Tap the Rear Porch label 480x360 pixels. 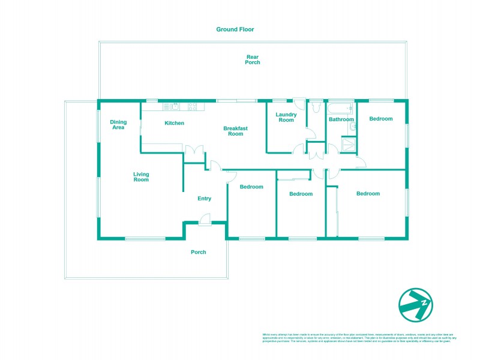253,59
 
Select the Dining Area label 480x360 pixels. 118,125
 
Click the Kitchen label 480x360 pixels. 174,123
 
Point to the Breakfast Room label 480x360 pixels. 235,131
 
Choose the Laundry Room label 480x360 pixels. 286,117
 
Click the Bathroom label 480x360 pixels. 341,119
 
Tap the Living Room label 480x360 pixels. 141,177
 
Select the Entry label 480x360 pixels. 205,199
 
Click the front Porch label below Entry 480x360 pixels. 198,252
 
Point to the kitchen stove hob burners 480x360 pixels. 193,107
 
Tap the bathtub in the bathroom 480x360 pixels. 341,107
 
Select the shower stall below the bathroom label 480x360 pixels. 347,143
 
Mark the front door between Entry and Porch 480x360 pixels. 205,221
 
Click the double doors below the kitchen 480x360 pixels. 193,152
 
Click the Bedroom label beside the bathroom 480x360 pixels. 380,119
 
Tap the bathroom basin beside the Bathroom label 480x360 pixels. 353,128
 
